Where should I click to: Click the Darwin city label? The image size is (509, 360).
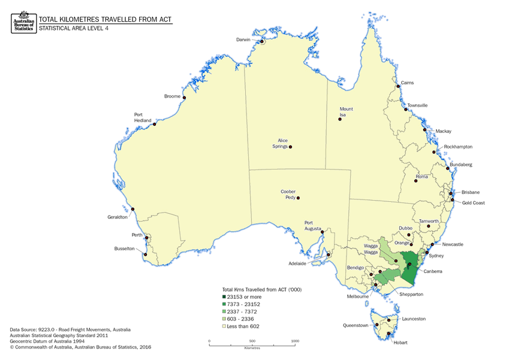242,40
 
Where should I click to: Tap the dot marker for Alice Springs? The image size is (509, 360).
290,147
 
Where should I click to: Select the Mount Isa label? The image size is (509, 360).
347,112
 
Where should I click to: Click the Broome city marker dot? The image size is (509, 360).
184,98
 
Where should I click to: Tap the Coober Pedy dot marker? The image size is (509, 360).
298,198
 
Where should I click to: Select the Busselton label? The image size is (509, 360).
126,249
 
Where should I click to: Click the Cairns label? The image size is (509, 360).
407,83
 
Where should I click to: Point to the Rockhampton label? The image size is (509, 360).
459,147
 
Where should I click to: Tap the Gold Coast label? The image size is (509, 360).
473,203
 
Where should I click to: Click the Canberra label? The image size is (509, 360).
432,271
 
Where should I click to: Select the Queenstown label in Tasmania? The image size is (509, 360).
356,326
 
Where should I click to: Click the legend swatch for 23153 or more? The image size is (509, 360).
224,297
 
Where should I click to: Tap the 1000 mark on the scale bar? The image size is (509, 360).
295,341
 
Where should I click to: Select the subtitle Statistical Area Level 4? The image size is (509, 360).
74,28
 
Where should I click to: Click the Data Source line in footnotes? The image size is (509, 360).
70,329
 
